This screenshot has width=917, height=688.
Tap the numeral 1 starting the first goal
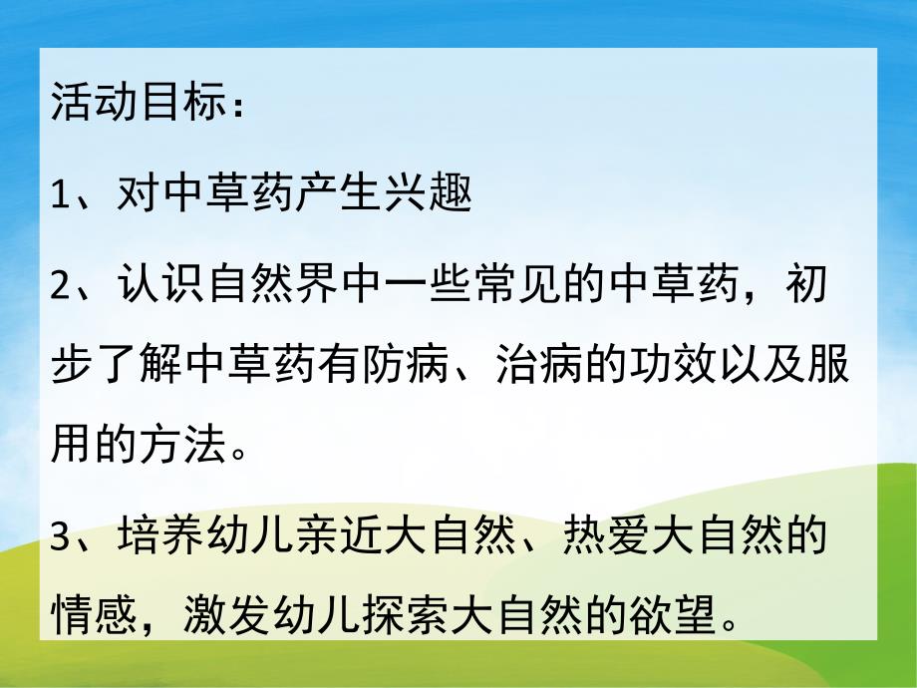coord(61,193)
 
